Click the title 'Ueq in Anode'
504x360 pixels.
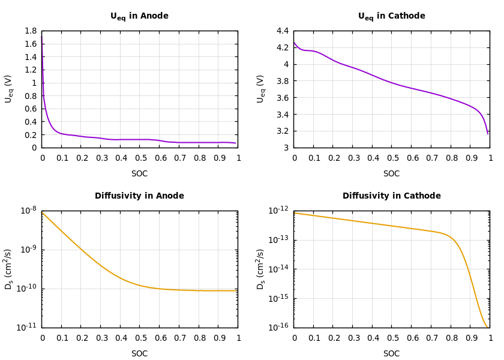click(x=139, y=16)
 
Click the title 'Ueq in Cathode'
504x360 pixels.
click(x=391, y=16)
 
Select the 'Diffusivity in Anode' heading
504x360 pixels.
click(x=139, y=196)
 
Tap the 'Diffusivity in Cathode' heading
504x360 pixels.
click(x=391, y=196)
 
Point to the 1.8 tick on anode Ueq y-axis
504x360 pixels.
click(x=31, y=31)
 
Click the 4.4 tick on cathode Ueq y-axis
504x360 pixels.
click(x=283, y=31)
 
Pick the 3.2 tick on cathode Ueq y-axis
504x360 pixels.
click(x=283, y=131)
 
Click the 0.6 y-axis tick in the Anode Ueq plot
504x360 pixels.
click(x=31, y=109)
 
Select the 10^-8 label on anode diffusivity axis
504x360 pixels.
click(x=29, y=210)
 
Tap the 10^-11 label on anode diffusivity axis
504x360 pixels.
click(x=29, y=327)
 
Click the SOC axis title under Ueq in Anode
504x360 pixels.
click(x=139, y=174)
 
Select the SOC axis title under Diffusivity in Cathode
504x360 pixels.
click(x=391, y=354)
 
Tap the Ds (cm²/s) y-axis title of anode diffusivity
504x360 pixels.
click(x=8, y=269)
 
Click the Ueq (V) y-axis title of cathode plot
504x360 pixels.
click(x=260, y=89)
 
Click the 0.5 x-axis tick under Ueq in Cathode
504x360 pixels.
click(x=391, y=158)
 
